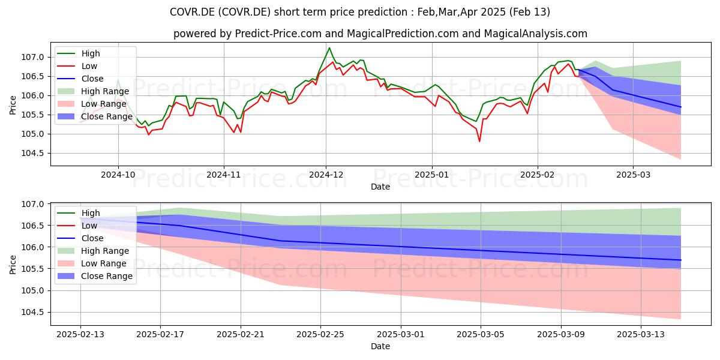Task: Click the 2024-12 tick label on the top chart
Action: pyautogui.click(x=326, y=175)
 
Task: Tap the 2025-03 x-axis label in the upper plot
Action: pyautogui.click(x=633, y=175)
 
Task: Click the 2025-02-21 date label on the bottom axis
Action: pyautogui.click(x=241, y=335)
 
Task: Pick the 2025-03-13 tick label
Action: pyautogui.click(x=641, y=335)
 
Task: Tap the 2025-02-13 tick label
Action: pyautogui.click(x=80, y=335)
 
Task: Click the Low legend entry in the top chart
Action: pyautogui.click(x=77, y=66)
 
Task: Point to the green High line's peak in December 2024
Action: pyautogui.click(x=329, y=48)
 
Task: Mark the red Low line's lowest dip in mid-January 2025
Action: pyautogui.click(x=479, y=142)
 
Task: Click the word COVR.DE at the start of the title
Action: pyautogui.click(x=193, y=12)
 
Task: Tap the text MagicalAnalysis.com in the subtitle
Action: pyautogui.click(x=535, y=34)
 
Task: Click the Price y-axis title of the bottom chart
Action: pyautogui.click(x=13, y=265)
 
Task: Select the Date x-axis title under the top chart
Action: pyautogui.click(x=380, y=187)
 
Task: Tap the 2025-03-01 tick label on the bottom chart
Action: pyautogui.click(x=401, y=335)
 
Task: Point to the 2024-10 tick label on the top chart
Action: pyautogui.click(x=118, y=175)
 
